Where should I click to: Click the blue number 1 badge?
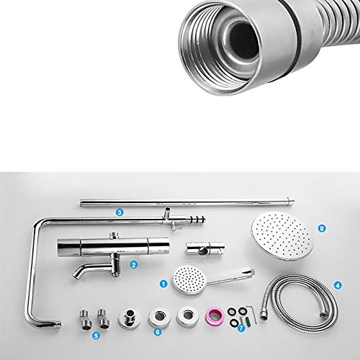click(x=163, y=284)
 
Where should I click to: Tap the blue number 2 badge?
click(x=133, y=265)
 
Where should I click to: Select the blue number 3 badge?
click(x=120, y=212)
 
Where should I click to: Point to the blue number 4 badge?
click(x=338, y=285)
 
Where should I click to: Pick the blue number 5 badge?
click(x=96, y=336)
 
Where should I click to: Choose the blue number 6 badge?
click(x=158, y=332)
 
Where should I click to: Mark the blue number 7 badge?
click(x=241, y=328)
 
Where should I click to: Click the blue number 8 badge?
click(x=322, y=228)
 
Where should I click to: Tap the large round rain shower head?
click(x=282, y=236)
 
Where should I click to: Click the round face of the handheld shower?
click(x=189, y=279)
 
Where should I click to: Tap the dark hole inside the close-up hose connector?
click(x=243, y=42)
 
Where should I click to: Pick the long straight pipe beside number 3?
click(x=187, y=202)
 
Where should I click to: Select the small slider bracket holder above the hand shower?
click(x=205, y=248)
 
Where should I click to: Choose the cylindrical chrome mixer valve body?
click(x=113, y=246)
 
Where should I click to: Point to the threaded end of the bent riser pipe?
click(x=58, y=324)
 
